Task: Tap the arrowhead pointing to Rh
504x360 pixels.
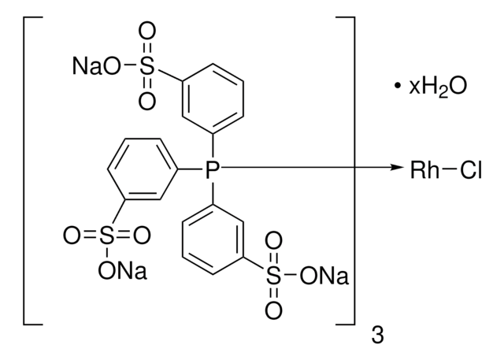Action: point(394,168)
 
